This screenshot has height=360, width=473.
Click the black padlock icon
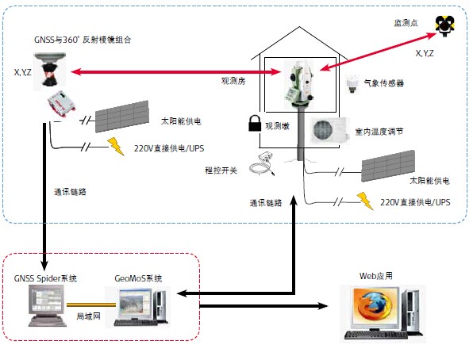(255, 124)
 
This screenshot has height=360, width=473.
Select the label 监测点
(406, 23)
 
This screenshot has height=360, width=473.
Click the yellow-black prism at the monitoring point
(444, 25)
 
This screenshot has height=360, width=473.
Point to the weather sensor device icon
(352, 84)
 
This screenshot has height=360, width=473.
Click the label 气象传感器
(384, 83)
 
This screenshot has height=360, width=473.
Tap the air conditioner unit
(329, 131)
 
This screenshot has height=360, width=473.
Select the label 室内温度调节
(379, 132)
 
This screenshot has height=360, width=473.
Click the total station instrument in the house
(298, 85)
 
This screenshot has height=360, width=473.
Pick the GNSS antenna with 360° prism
(50, 71)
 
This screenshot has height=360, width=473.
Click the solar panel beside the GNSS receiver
(122, 117)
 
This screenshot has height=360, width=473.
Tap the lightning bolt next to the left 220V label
(116, 146)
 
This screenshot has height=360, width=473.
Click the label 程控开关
(221, 170)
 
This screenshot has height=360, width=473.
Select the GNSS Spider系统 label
(45, 278)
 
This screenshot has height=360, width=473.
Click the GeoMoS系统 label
(138, 278)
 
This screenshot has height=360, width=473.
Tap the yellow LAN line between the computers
(91, 304)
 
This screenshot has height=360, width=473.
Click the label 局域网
(88, 316)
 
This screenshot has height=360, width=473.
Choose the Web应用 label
(376, 276)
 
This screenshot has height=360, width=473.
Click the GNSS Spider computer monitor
(47, 301)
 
